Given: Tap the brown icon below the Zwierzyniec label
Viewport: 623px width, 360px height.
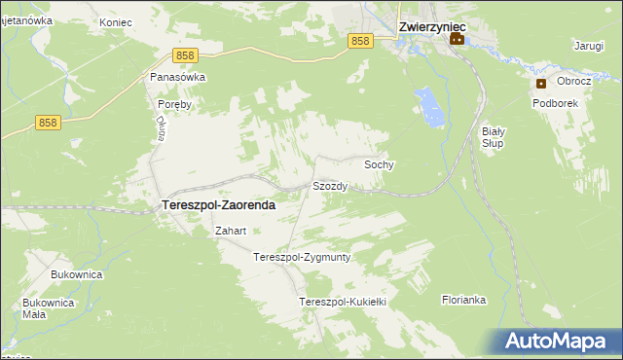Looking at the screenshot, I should tap(456, 40).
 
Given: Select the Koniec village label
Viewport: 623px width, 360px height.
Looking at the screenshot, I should tap(115, 19).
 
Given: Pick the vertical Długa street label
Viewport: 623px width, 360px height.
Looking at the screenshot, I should tap(161, 128).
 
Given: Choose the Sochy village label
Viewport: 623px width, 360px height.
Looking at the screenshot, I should tap(379, 165).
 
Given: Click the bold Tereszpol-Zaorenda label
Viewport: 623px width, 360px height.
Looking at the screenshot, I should tap(216, 206).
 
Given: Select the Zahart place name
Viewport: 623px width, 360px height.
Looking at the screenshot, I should tap(231, 232).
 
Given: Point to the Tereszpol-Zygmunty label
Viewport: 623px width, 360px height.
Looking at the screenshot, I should tap(301, 258).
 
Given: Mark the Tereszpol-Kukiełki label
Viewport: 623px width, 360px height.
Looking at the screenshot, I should tap(344, 302).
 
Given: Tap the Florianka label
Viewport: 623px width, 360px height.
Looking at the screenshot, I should tap(463, 300).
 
